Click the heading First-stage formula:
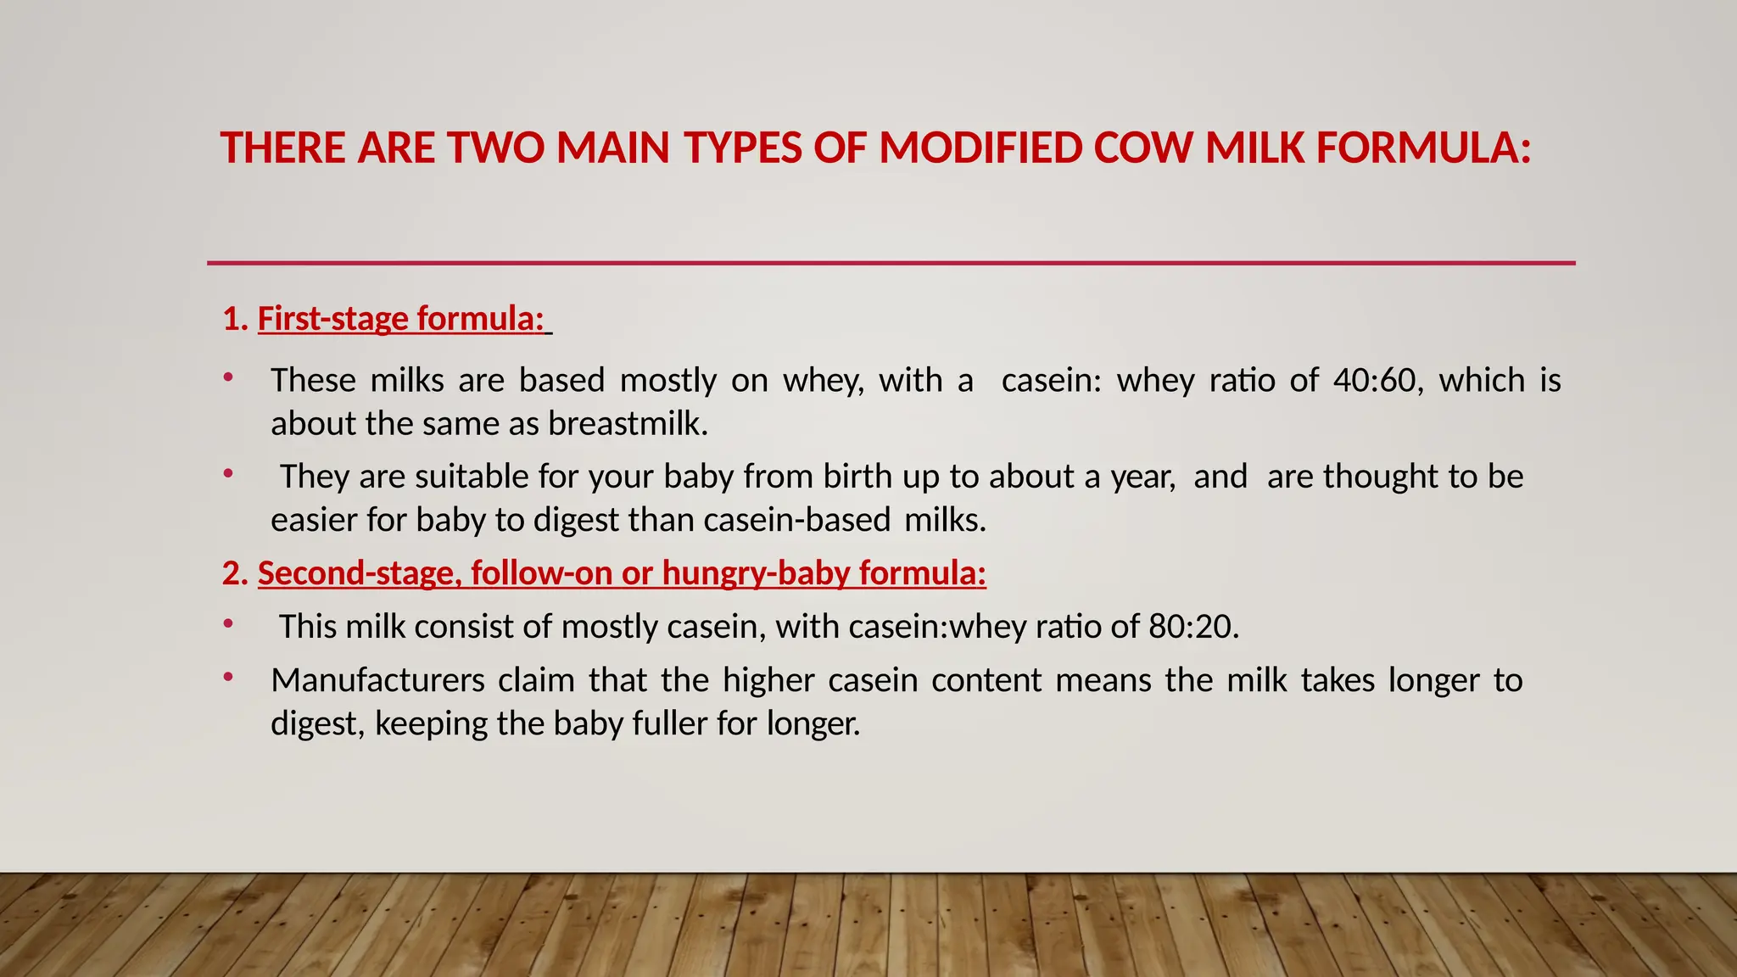coord(400,319)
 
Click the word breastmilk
coord(628,424)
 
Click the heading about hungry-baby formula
coord(622,573)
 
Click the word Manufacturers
coord(377,680)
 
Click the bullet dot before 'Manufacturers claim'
coord(227,677)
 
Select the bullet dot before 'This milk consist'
coord(227,623)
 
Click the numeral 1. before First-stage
coord(235,320)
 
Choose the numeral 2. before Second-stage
coord(235,574)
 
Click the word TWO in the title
coord(495,148)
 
